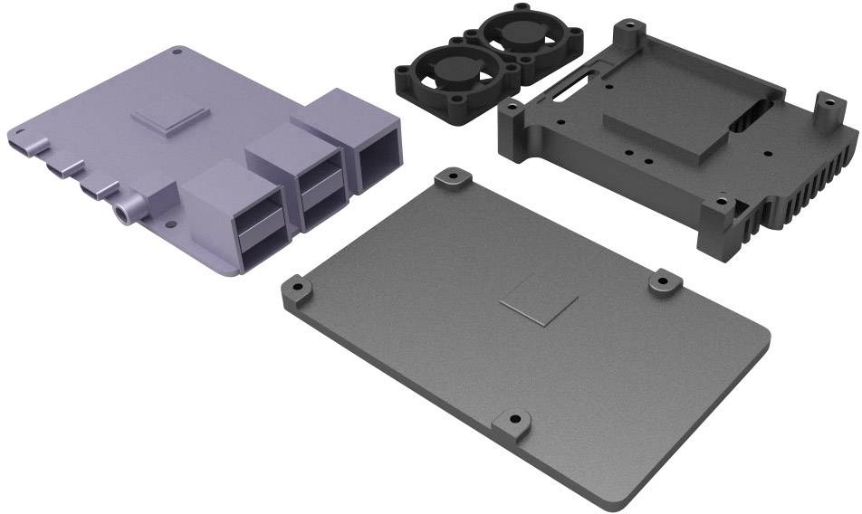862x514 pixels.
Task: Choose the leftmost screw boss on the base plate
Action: click(297, 290)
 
